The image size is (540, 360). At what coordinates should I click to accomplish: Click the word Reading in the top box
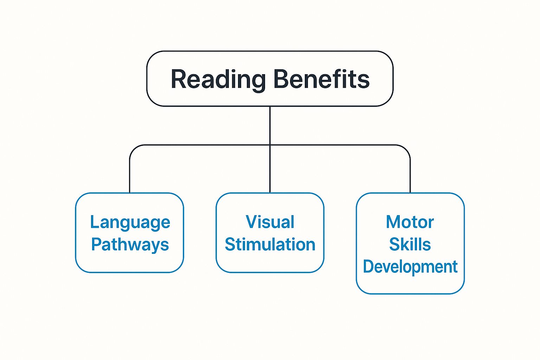pyautogui.click(x=218, y=79)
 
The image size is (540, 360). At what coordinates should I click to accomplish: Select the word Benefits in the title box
pyautogui.click(x=321, y=79)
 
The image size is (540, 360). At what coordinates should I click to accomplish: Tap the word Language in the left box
pyautogui.click(x=130, y=223)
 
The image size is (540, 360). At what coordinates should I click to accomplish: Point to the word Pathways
pyautogui.click(x=130, y=245)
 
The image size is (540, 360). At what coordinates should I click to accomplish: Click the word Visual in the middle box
pyautogui.click(x=270, y=222)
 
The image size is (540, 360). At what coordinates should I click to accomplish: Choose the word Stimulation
pyautogui.click(x=270, y=244)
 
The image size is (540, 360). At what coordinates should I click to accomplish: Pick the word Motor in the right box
pyautogui.click(x=410, y=222)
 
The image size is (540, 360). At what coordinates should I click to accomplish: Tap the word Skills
pyautogui.click(x=410, y=244)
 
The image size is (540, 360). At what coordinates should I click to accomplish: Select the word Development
pyautogui.click(x=410, y=267)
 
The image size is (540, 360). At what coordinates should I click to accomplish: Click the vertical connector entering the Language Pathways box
pyautogui.click(x=130, y=176)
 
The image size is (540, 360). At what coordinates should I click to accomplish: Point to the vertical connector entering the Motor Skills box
pyautogui.click(x=410, y=176)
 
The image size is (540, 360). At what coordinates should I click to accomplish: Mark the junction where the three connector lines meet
pyautogui.click(x=270, y=145)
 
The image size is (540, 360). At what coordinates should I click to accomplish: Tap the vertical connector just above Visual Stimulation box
pyautogui.click(x=270, y=176)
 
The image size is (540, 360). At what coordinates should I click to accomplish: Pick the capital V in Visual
pyautogui.click(x=252, y=222)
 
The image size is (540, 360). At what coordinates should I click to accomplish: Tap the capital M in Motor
pyautogui.click(x=393, y=222)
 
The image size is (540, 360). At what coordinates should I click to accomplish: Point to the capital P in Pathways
pyautogui.click(x=96, y=244)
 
